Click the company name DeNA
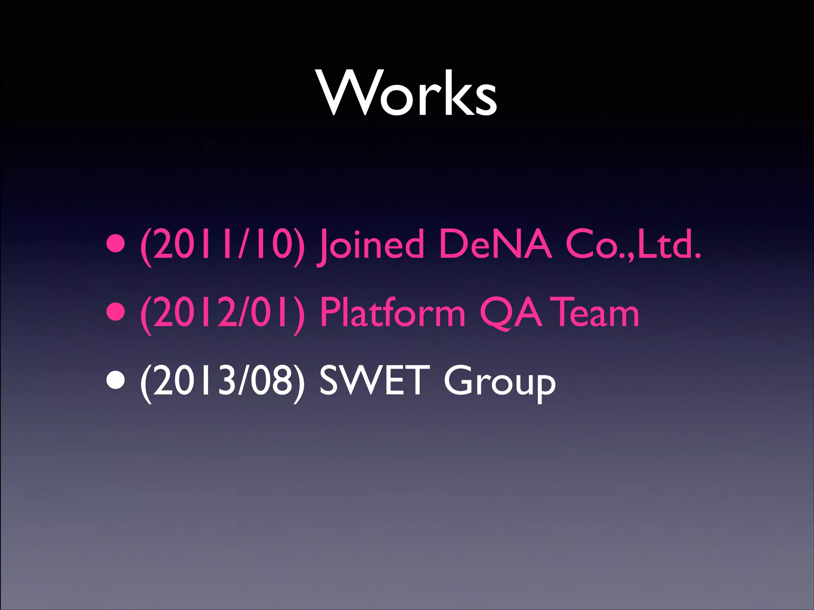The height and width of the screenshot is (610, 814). (495, 243)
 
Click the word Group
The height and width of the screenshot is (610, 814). (499, 383)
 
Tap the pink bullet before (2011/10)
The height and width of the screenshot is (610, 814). (116, 244)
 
